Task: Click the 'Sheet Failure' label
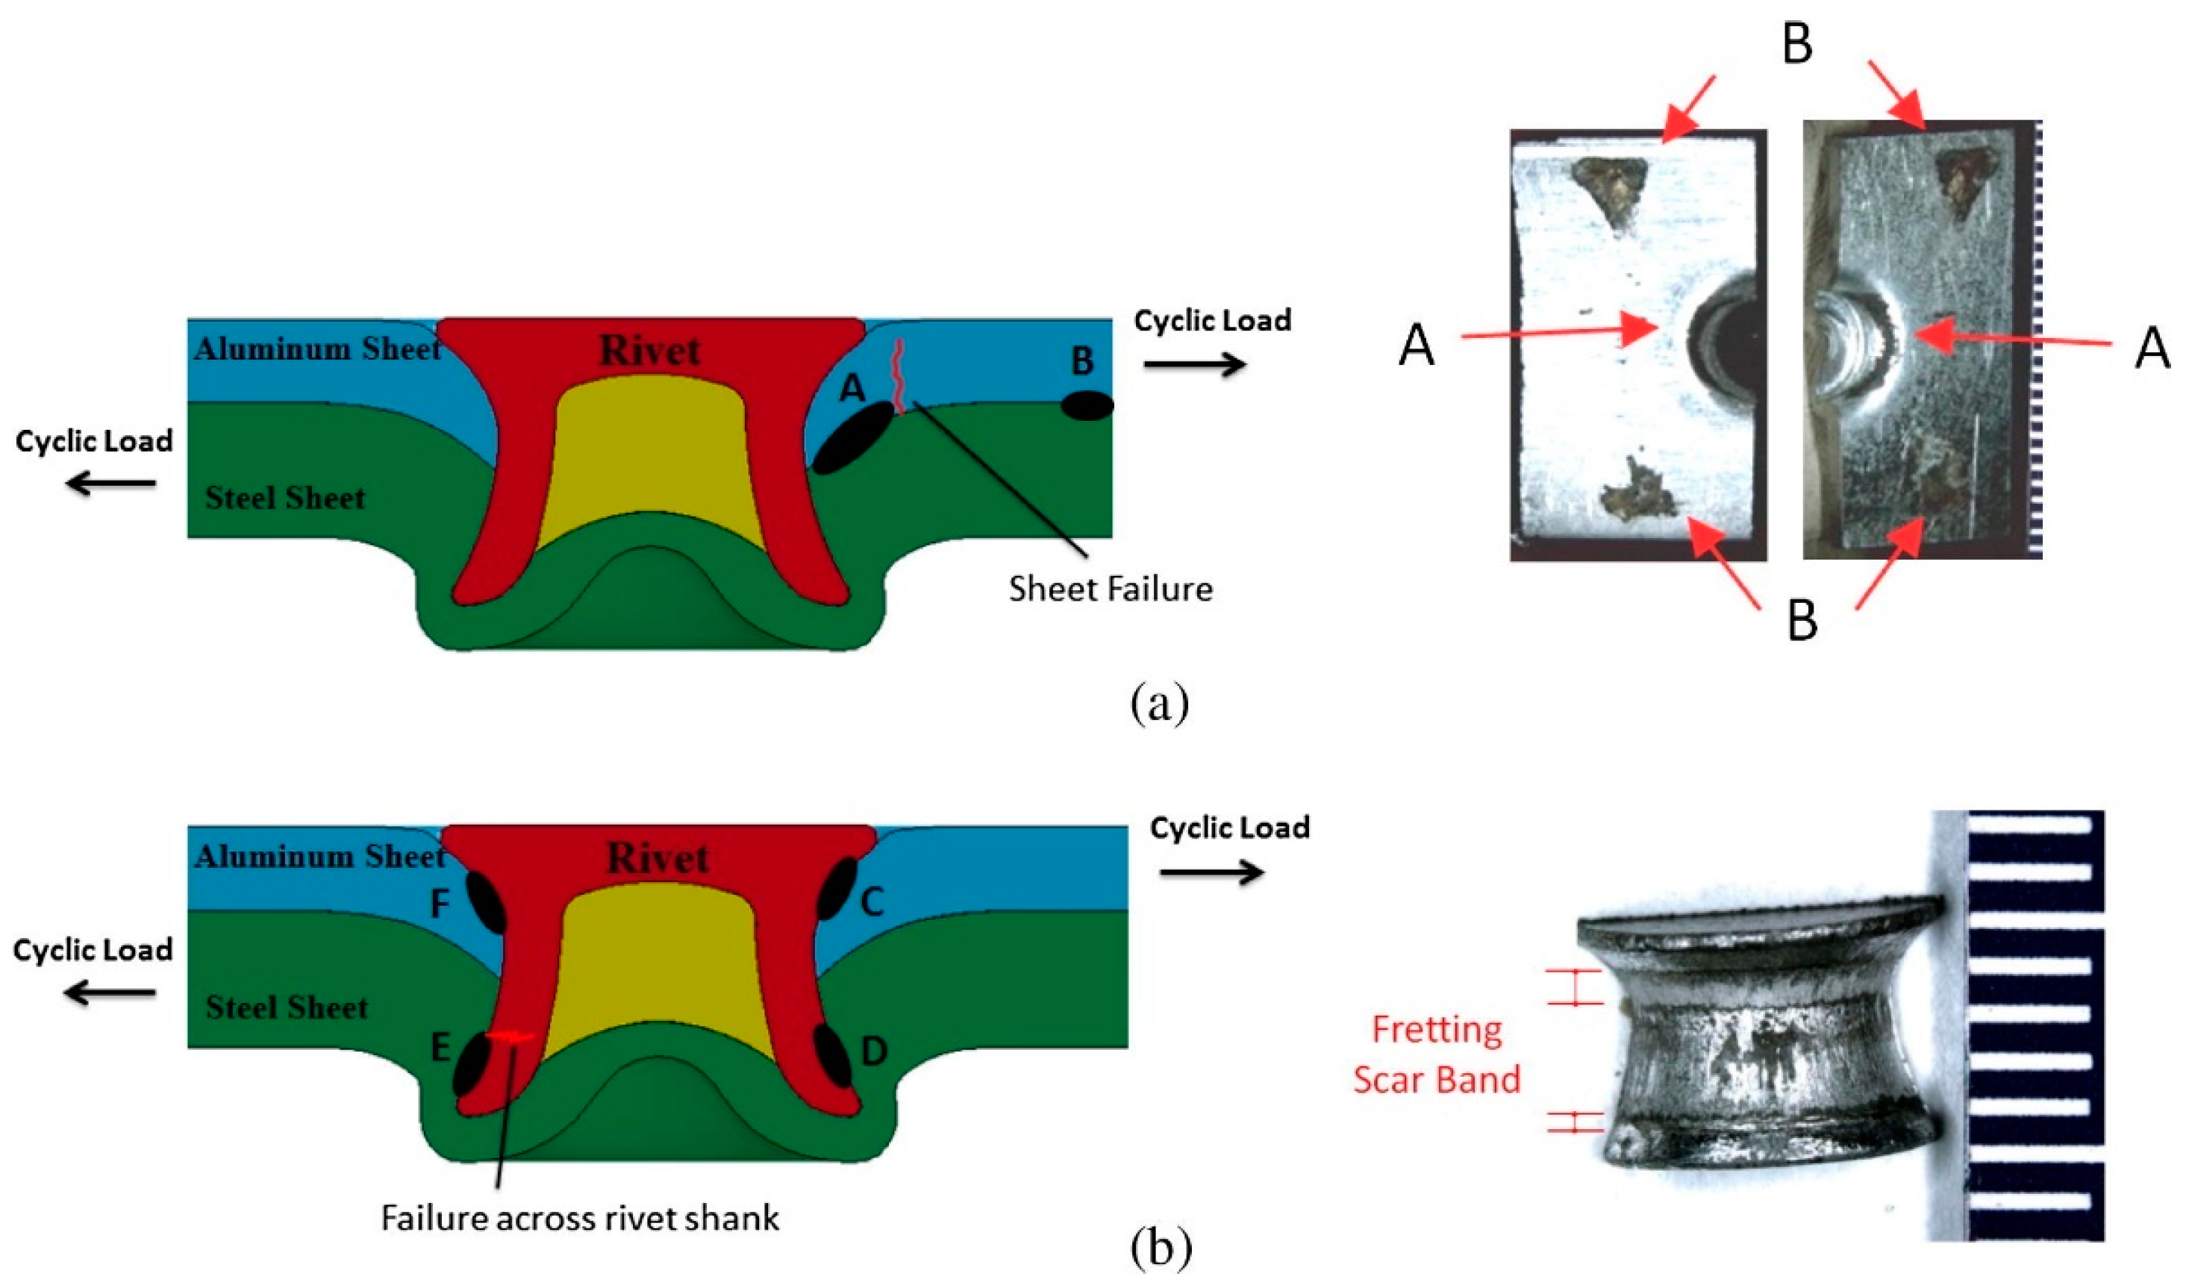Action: pyautogui.click(x=1110, y=590)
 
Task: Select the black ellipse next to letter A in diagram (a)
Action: pyautogui.click(x=852, y=437)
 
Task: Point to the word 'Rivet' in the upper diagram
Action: pyautogui.click(x=650, y=351)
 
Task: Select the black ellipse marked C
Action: pyautogui.click(x=837, y=888)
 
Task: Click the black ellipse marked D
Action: pyautogui.click(x=832, y=1055)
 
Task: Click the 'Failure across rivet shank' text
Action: pyautogui.click(x=580, y=1218)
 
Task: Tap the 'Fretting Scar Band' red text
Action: pyautogui.click(x=1436, y=1054)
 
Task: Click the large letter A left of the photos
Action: pyautogui.click(x=1416, y=346)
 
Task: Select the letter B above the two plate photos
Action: pyautogui.click(x=1797, y=43)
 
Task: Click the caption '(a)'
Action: pyautogui.click(x=1160, y=704)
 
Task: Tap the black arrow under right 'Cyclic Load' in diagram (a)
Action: pyautogui.click(x=1194, y=364)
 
